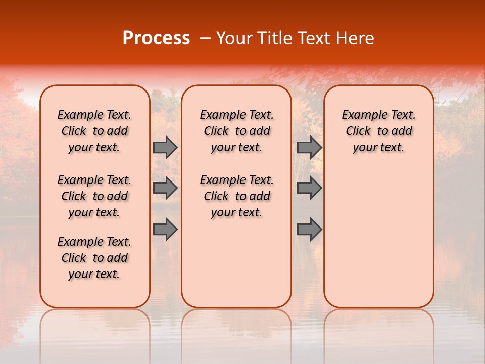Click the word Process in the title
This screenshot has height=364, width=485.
156,38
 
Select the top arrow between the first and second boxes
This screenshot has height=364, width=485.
165,147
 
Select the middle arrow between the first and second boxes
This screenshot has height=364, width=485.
165,188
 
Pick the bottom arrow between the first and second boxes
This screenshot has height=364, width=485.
165,230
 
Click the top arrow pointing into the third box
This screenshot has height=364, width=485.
309,147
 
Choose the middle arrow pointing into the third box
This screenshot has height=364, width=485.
309,188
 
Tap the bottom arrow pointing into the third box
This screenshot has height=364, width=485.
309,230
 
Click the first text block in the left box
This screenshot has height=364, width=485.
94,131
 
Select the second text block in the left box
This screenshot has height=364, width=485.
94,196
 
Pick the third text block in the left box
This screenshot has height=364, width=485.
94,258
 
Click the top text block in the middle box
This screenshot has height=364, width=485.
236,131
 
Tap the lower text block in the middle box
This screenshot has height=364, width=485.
236,196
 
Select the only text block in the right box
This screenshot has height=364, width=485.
378,131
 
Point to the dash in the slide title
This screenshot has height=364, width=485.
205,38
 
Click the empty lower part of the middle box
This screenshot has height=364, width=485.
236,263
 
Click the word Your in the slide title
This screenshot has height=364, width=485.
233,38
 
